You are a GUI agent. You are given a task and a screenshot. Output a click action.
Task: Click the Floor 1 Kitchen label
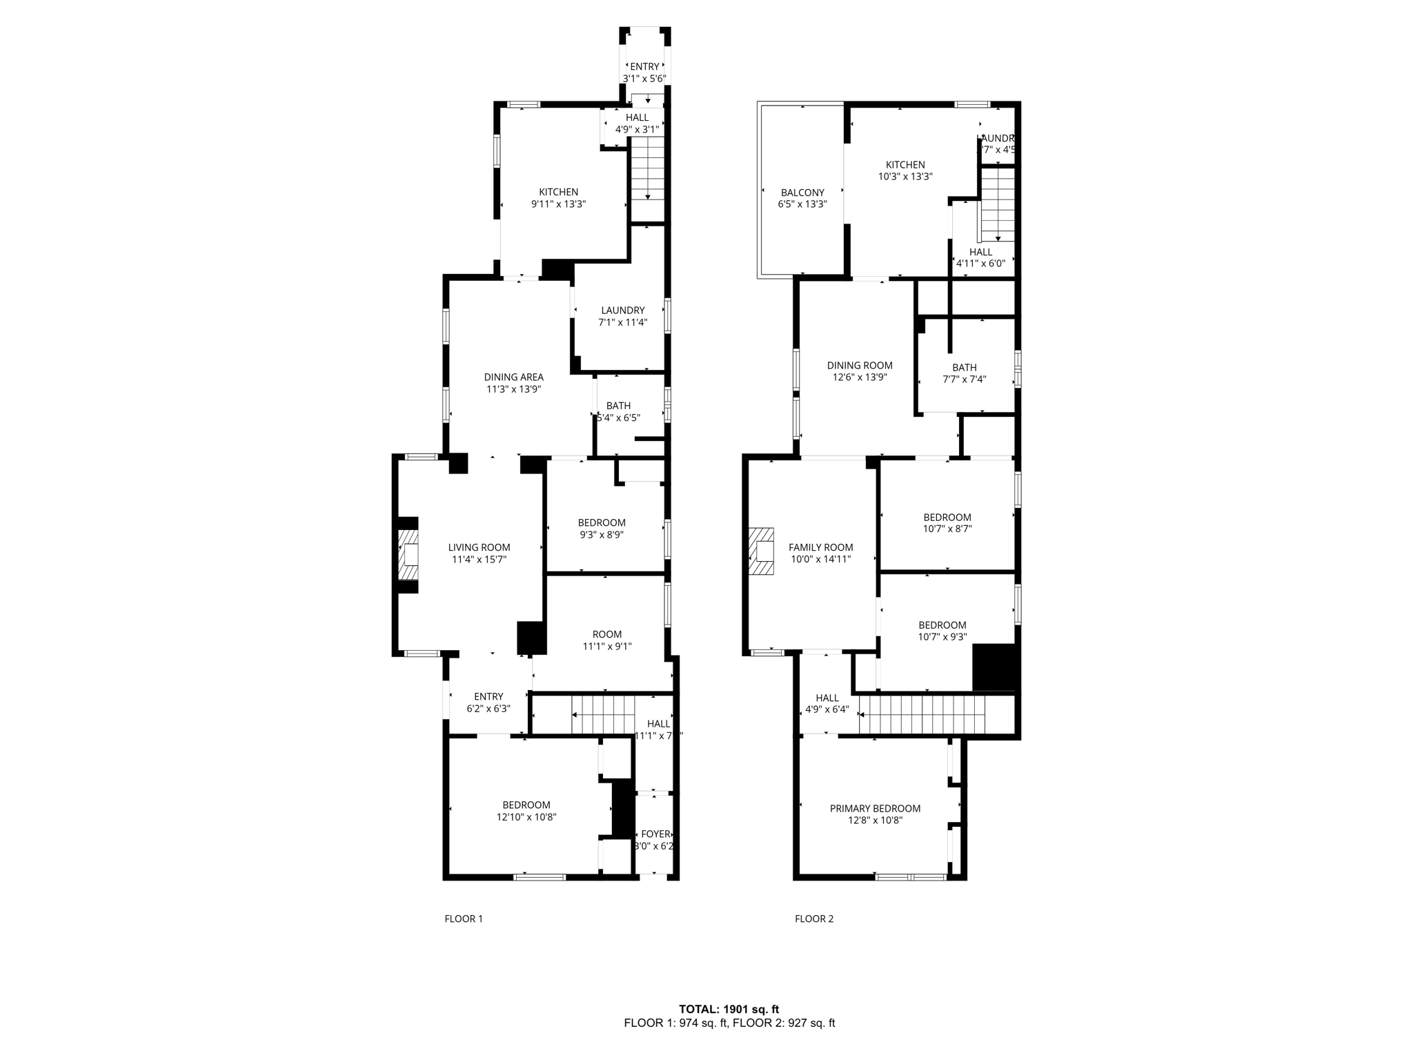[x=558, y=198]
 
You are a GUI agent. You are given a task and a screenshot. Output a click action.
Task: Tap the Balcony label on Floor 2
[x=802, y=198]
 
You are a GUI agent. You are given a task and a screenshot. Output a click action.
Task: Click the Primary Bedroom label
[x=875, y=814]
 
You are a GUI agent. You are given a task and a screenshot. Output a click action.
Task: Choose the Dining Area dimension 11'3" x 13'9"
[x=513, y=389]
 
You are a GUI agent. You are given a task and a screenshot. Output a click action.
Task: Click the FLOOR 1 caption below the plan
[x=464, y=919]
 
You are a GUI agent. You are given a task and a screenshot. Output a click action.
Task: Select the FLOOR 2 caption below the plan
[x=814, y=919]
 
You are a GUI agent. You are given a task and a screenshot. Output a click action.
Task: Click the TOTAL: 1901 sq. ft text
[x=729, y=1009]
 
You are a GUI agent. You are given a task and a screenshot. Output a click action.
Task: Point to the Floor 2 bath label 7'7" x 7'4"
[x=964, y=373]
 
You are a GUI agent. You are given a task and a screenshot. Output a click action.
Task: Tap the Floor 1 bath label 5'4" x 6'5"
[x=618, y=412]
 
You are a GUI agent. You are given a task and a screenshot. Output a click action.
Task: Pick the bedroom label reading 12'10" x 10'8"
[x=526, y=811]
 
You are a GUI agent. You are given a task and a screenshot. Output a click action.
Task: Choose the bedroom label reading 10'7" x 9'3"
[x=942, y=631]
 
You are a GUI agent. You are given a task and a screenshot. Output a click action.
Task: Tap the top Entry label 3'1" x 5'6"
[x=644, y=72]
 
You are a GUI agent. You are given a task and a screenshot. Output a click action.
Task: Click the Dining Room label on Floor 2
[x=860, y=371]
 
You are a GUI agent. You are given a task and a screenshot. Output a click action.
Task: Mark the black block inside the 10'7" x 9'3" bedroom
[x=995, y=667]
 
